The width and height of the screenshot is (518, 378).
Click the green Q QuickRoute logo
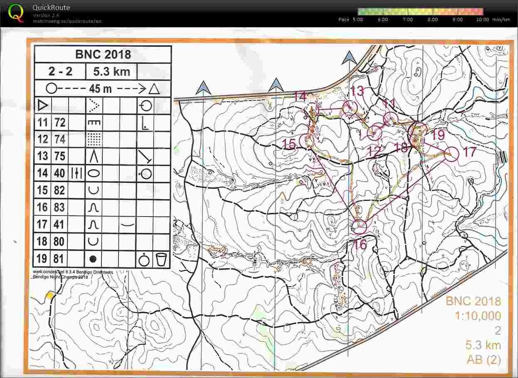click(16, 12)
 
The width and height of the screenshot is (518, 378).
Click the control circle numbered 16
click(360, 227)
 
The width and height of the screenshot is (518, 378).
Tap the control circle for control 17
click(451, 154)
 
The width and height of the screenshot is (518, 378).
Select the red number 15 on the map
click(289, 144)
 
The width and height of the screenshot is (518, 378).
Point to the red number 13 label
click(357, 90)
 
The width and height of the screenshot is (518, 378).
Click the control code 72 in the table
click(60, 122)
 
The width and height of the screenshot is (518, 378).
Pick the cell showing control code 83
click(60, 207)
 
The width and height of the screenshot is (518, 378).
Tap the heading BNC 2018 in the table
click(103, 54)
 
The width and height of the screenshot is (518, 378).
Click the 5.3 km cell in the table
click(111, 71)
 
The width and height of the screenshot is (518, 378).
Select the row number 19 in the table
click(42, 259)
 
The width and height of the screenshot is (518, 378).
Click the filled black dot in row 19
click(93, 259)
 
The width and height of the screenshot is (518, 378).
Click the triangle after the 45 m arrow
click(154, 89)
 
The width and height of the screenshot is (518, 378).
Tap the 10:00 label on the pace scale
click(482, 20)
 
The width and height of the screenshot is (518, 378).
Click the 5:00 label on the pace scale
click(357, 20)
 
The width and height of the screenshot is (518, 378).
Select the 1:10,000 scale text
click(478, 316)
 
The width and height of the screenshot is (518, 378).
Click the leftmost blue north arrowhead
click(203, 87)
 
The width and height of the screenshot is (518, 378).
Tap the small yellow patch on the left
click(50, 295)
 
